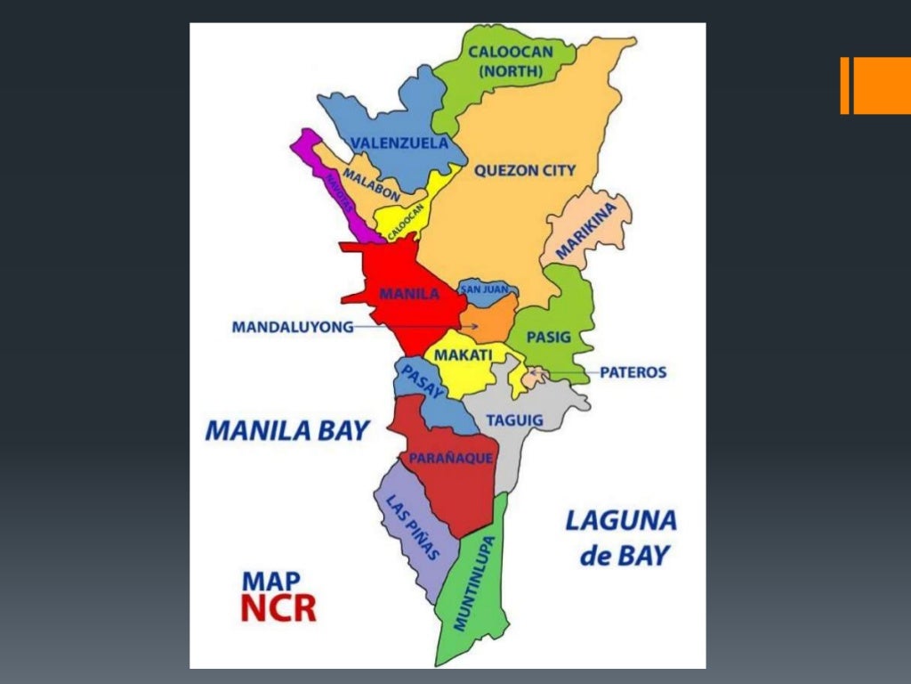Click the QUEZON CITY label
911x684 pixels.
525,170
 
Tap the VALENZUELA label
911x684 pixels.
399,142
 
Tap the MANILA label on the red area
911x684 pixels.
409,293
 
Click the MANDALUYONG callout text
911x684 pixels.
293,327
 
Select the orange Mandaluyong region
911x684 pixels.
489,321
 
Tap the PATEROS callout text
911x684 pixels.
633,372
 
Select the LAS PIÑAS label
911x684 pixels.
413,526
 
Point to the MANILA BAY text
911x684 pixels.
286,431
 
